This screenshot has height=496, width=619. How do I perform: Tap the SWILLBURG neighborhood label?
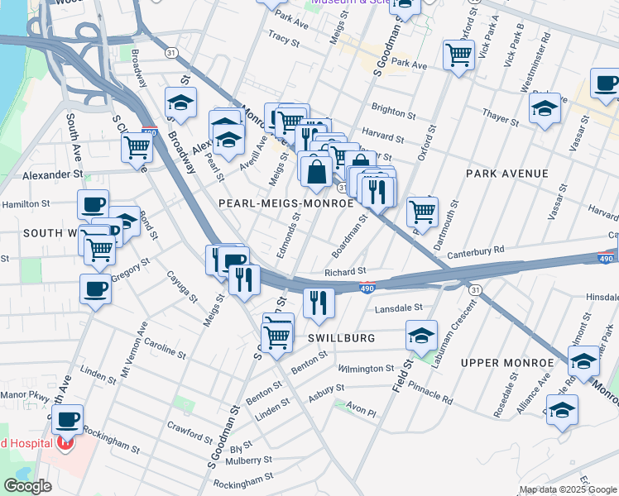(x=342, y=338)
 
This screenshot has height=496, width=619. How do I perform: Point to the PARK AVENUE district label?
(x=507, y=174)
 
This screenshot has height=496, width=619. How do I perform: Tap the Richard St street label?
(x=345, y=271)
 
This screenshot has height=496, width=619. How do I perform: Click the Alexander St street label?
(x=54, y=175)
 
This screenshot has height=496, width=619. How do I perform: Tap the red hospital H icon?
(x=65, y=444)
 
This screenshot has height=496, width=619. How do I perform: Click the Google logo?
(x=27, y=486)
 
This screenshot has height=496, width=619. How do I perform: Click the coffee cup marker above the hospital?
(x=67, y=418)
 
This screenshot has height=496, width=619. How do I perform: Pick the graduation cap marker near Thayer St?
(x=545, y=108)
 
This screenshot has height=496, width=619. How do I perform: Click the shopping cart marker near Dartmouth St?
(x=423, y=211)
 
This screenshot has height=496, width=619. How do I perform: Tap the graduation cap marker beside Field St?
(x=421, y=335)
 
